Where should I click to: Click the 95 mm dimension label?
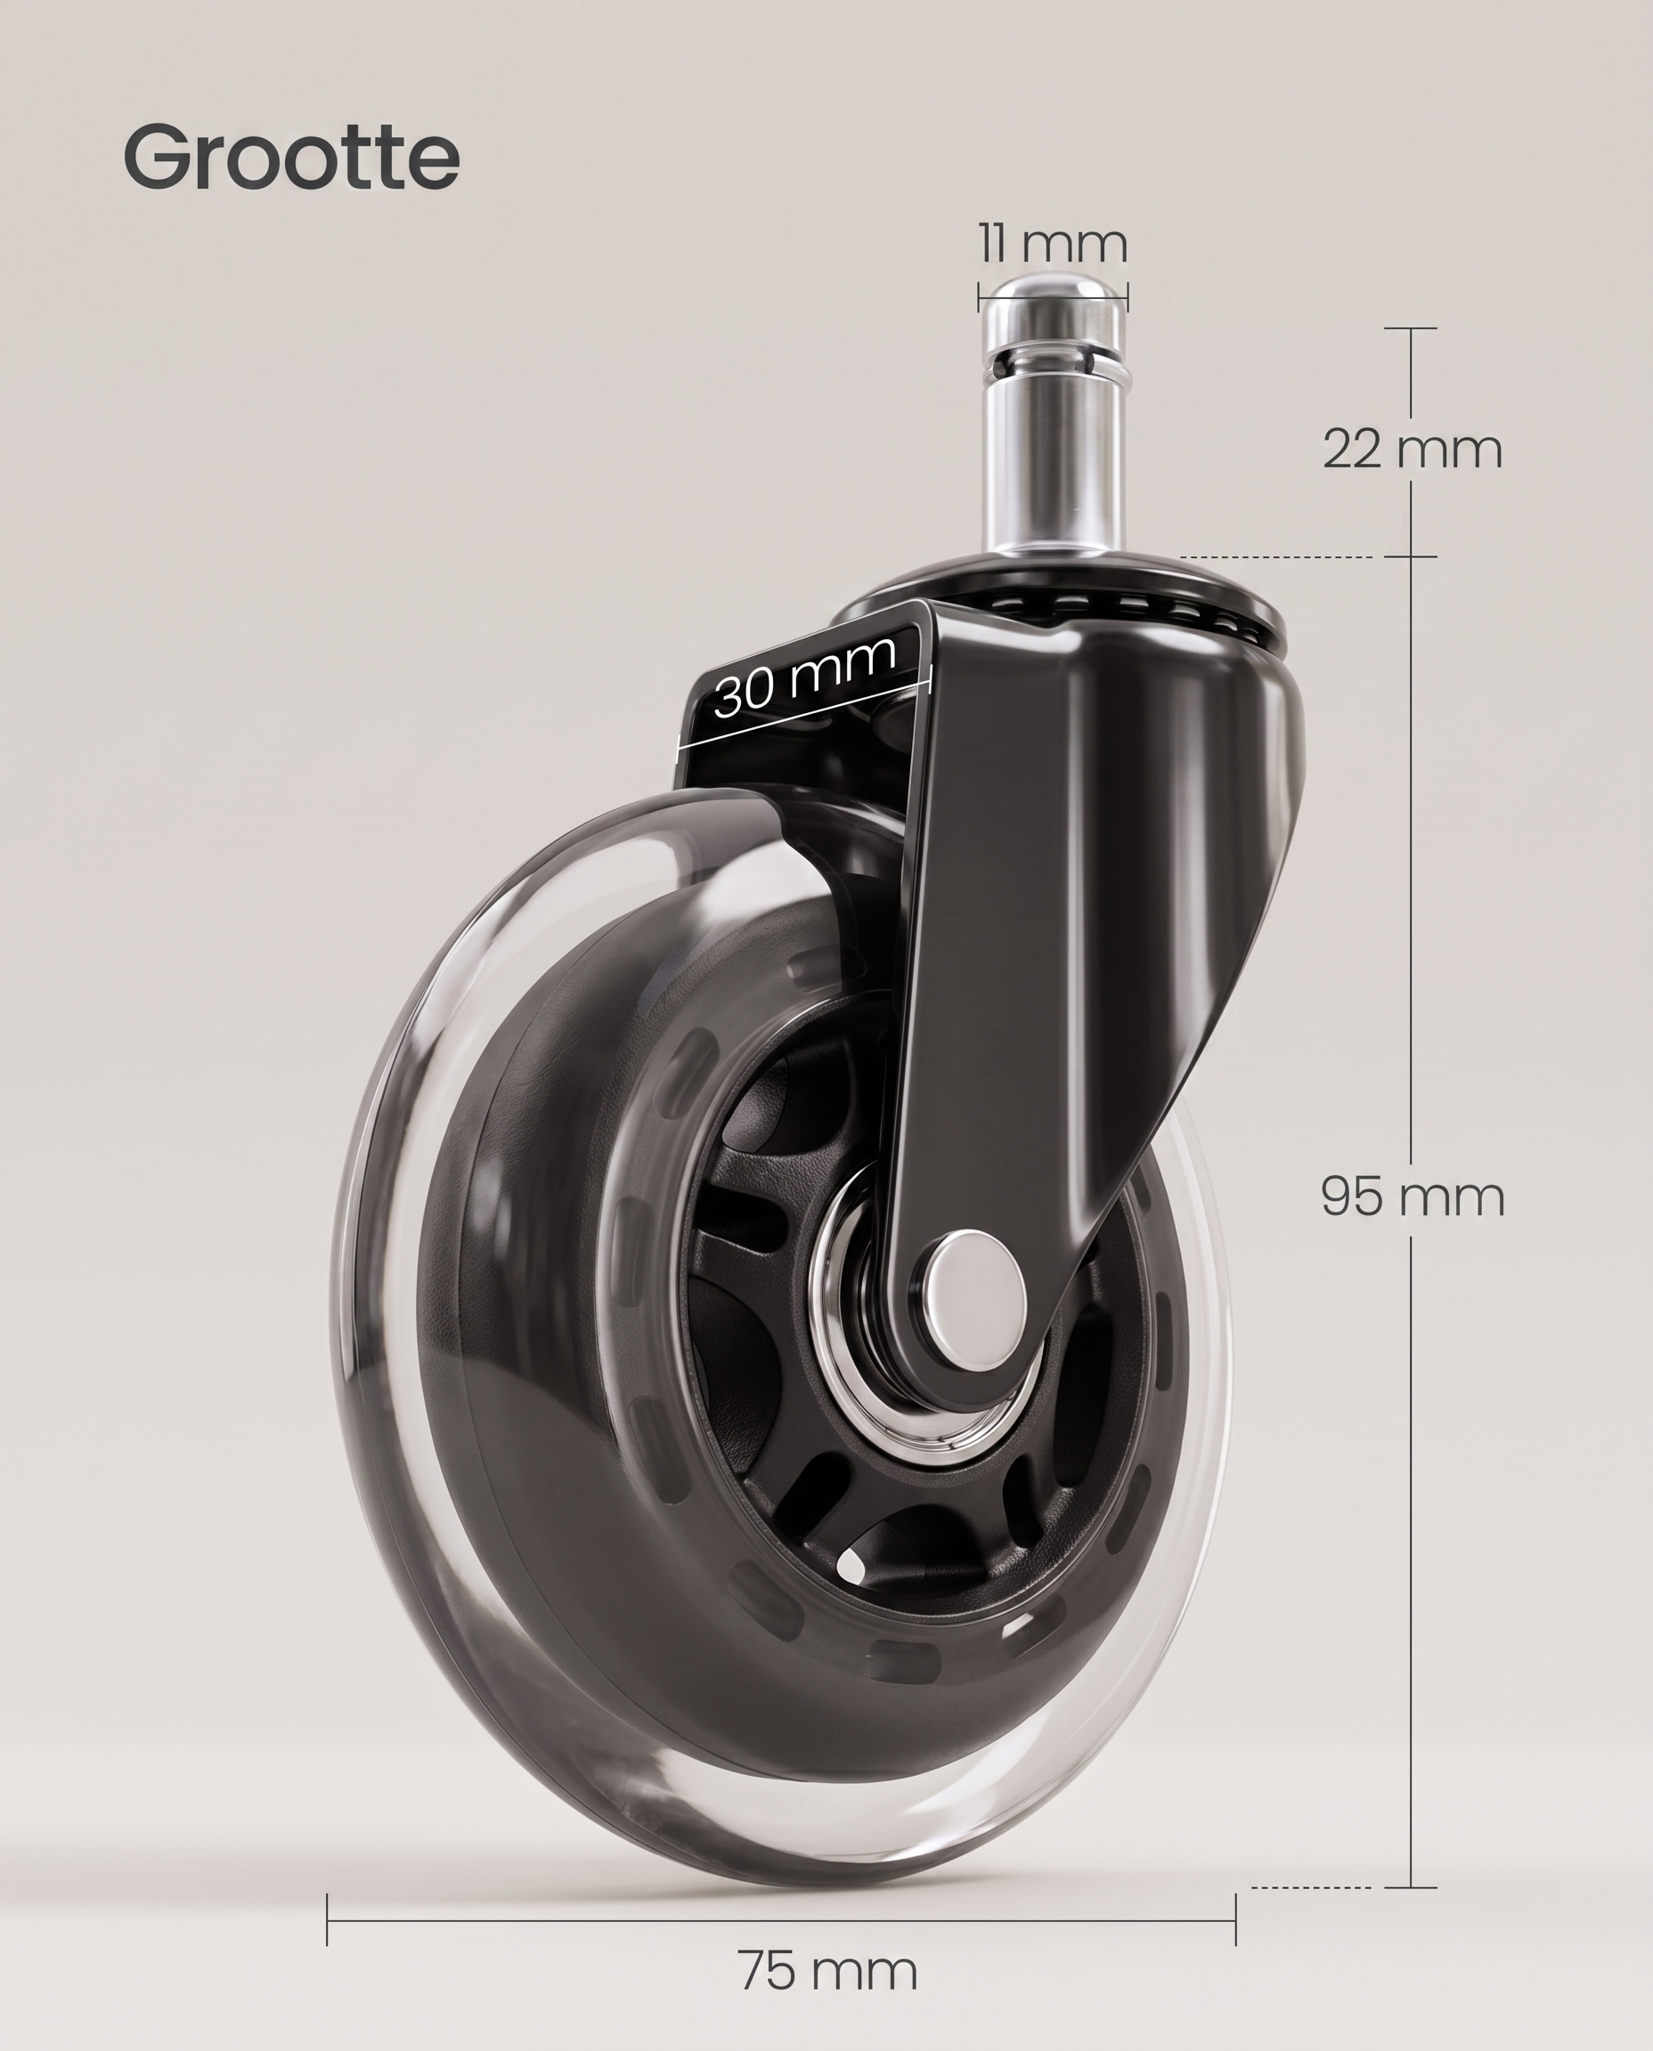(x=1413, y=1196)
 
